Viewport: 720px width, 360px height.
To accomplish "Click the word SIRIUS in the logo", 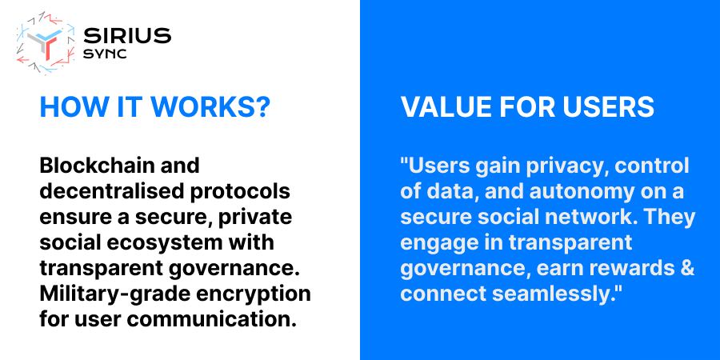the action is pos(127,36).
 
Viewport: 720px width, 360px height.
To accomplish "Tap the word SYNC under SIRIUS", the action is pos(105,54).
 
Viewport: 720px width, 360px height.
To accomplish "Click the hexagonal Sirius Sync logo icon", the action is pos(46,42).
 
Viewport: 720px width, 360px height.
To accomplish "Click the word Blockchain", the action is pos(91,166).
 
